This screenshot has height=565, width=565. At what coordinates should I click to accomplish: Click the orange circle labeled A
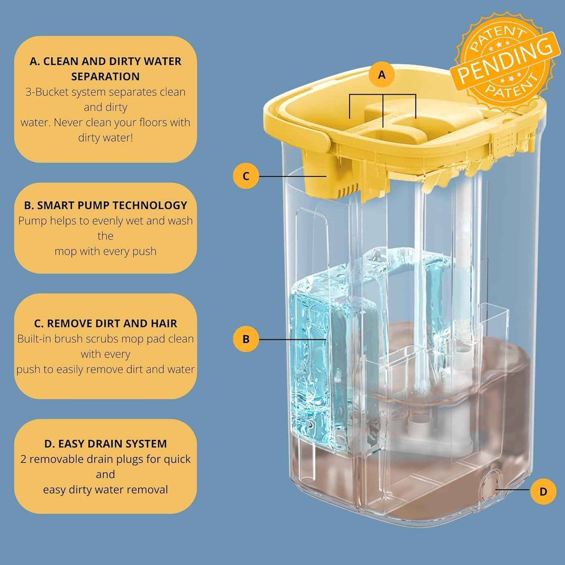(382, 75)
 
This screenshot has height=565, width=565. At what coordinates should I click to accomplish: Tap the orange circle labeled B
(246, 339)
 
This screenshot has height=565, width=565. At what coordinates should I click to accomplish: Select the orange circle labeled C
(246, 176)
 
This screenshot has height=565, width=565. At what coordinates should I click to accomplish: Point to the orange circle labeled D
(543, 492)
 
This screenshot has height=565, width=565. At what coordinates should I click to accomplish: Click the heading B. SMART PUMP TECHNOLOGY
(105, 205)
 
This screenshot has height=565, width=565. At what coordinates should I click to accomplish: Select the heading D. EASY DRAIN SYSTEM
(105, 444)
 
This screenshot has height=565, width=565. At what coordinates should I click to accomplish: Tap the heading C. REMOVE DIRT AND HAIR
(105, 324)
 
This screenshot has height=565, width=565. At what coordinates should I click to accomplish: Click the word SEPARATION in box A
(105, 76)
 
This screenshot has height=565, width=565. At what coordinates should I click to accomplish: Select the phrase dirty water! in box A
(105, 137)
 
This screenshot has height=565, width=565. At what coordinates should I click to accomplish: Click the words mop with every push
(105, 251)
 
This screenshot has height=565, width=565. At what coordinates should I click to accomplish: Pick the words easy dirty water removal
(105, 490)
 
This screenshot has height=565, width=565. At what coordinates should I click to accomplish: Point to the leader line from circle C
(292, 176)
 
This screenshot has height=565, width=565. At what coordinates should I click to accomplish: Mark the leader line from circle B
(292, 339)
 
